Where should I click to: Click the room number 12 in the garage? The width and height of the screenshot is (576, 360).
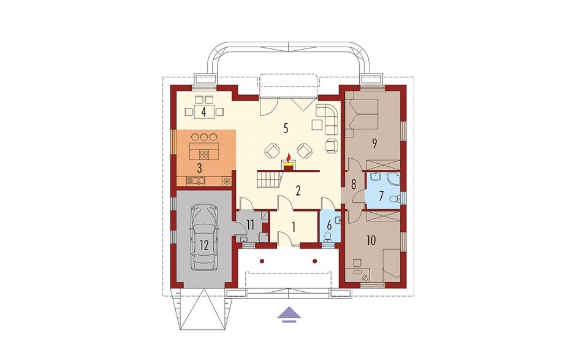click(204, 245)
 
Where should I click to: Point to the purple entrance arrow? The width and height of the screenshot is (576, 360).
click(289, 313)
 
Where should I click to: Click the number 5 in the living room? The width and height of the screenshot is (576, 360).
click(286, 128)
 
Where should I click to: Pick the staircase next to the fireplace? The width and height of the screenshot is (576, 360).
click(270, 180)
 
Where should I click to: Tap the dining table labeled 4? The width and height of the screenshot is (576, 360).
click(204, 110)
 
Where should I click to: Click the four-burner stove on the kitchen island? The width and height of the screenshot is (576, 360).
click(204, 155)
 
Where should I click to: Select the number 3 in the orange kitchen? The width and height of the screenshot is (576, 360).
click(200, 169)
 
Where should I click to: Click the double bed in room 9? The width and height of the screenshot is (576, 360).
click(362, 113)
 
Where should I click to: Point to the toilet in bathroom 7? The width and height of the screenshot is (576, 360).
click(395, 199)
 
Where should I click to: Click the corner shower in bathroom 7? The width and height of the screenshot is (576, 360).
click(393, 178)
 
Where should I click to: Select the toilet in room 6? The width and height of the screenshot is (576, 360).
click(329, 236)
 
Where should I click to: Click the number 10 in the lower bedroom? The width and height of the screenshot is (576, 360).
click(371, 240)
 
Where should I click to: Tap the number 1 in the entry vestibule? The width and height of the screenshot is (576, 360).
click(294, 227)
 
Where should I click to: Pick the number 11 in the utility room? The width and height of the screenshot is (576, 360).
click(251, 224)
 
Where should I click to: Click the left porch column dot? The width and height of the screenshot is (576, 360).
click(262, 261)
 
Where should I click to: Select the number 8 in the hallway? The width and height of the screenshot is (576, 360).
click(354, 184)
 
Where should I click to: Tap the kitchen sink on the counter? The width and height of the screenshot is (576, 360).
click(196, 180)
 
